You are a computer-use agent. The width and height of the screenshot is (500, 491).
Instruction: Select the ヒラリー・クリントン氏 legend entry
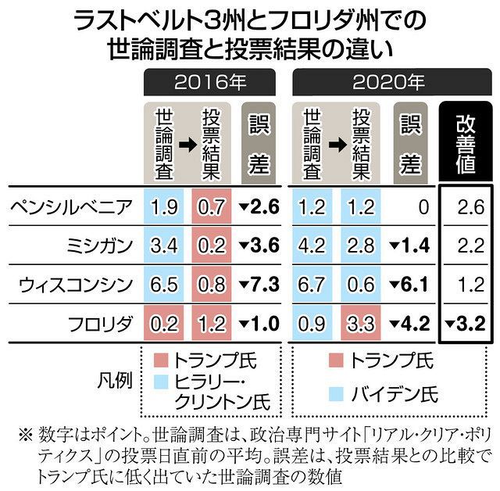coord(211,392)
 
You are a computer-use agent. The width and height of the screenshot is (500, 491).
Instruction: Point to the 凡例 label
coord(114,382)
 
